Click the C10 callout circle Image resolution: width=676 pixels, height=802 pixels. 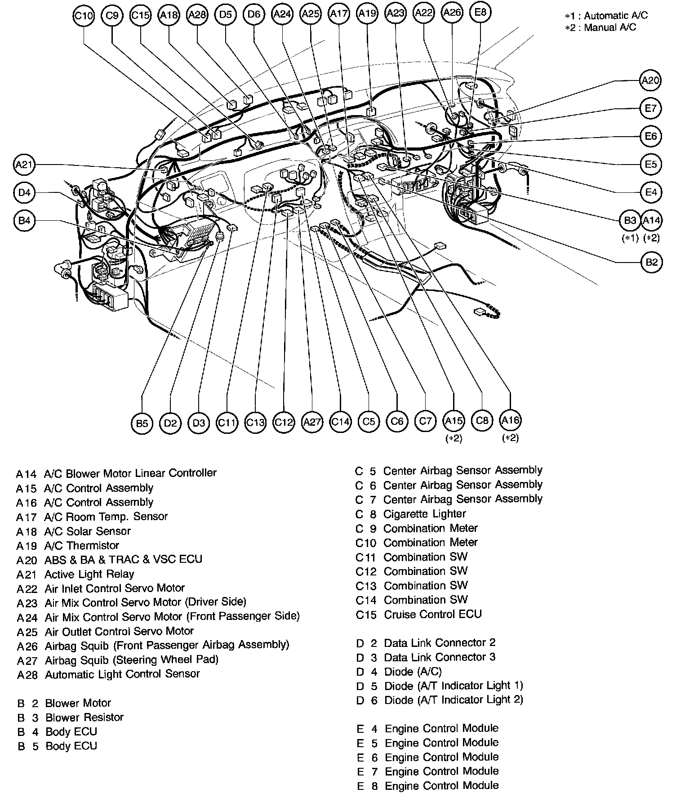pyautogui.click(x=84, y=16)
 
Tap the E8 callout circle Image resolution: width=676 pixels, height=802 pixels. pyautogui.click(x=480, y=13)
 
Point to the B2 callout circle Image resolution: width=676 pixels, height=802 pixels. pyautogui.click(x=651, y=262)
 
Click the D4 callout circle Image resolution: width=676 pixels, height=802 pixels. pyautogui.click(x=24, y=193)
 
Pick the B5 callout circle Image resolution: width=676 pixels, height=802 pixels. pyautogui.click(x=142, y=423)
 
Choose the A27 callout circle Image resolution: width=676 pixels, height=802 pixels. pyautogui.click(x=312, y=422)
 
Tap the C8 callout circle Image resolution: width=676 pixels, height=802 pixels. pyautogui.click(x=482, y=420)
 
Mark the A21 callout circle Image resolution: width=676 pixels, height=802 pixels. pyautogui.click(x=24, y=165)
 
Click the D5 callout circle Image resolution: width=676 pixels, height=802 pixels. pyautogui.click(x=226, y=15)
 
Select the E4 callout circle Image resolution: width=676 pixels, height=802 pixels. pyautogui.click(x=651, y=192)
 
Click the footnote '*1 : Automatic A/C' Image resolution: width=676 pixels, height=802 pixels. pyautogui.click(x=606, y=16)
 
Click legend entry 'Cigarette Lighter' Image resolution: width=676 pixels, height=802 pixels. pyautogui.click(x=424, y=514)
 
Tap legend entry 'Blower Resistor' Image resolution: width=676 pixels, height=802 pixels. pyautogui.click(x=84, y=717)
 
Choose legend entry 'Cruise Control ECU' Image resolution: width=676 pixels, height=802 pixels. pyautogui.click(x=432, y=615)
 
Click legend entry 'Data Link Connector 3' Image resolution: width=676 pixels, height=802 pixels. pyautogui.click(x=439, y=657)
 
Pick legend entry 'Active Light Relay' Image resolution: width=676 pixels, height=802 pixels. pyautogui.click(x=89, y=574)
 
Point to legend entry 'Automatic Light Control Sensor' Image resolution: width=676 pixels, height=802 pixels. pyautogui.click(x=122, y=674)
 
